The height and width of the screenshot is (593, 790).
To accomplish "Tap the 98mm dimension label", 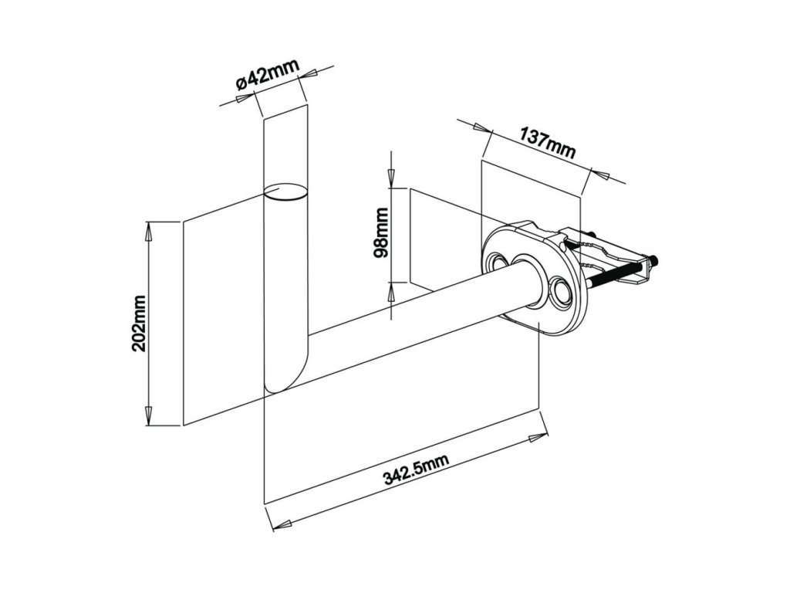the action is [x=380, y=234].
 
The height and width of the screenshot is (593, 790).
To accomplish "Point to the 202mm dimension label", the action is [x=139, y=323].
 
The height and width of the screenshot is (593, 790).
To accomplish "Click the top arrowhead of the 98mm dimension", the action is [x=391, y=178].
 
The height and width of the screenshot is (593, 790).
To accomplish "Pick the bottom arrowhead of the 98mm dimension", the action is [x=391, y=292].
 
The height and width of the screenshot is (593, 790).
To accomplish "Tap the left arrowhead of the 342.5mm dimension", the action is [x=282, y=523].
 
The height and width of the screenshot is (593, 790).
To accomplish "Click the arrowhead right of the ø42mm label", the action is [x=314, y=73].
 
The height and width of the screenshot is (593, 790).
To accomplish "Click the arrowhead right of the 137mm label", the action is [x=606, y=175].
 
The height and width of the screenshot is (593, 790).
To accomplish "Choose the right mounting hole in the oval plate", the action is [x=560, y=292].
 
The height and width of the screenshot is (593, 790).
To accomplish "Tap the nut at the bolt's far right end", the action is [x=653, y=261].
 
